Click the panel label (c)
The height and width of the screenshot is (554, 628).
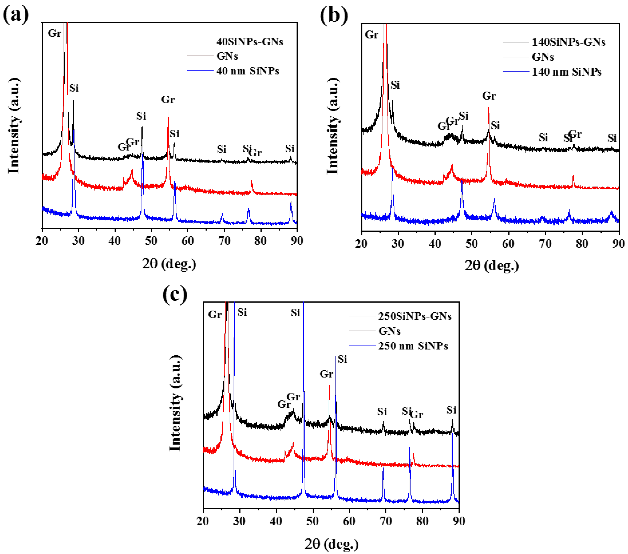pyautogui.click(x=174, y=294)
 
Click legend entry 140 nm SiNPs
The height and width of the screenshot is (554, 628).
pyautogui.click(x=566, y=72)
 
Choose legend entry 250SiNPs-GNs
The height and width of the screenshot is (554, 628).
pyautogui.click(x=414, y=316)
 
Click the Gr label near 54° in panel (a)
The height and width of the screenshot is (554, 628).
pyautogui.click(x=168, y=100)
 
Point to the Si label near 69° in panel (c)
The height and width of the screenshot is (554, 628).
pyautogui.click(x=382, y=411)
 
